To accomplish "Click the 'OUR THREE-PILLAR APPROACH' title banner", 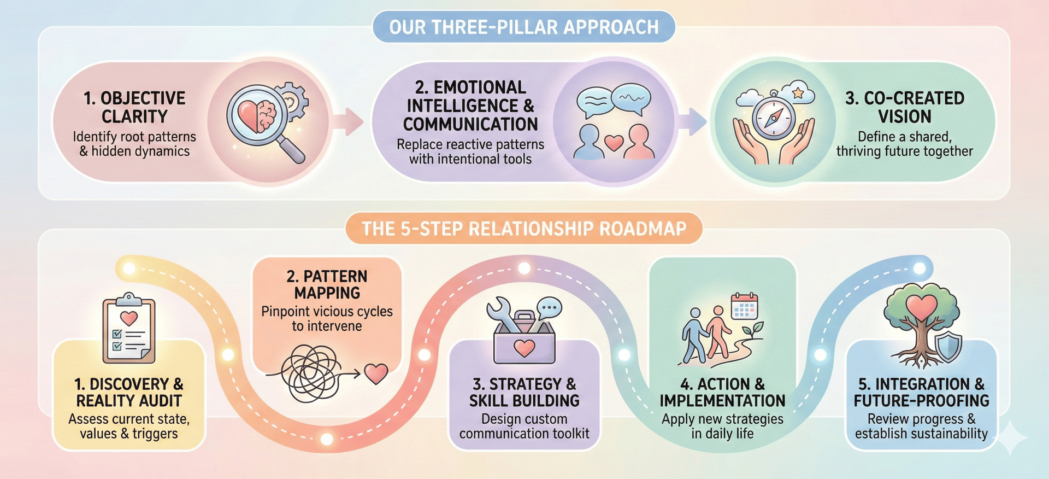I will (x=523, y=27).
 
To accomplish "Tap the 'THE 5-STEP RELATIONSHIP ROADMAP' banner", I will (x=523, y=228).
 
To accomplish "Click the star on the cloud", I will (x=798, y=92).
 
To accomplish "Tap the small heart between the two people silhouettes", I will (x=614, y=142).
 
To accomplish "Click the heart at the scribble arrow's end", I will (x=376, y=373).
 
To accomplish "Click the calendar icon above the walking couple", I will (x=745, y=307).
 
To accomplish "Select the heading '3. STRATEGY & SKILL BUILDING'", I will (x=524, y=392).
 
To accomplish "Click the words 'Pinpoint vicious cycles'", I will (x=327, y=311).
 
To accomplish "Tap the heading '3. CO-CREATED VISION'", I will (x=905, y=107).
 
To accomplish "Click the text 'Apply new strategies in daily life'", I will (x=722, y=426).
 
